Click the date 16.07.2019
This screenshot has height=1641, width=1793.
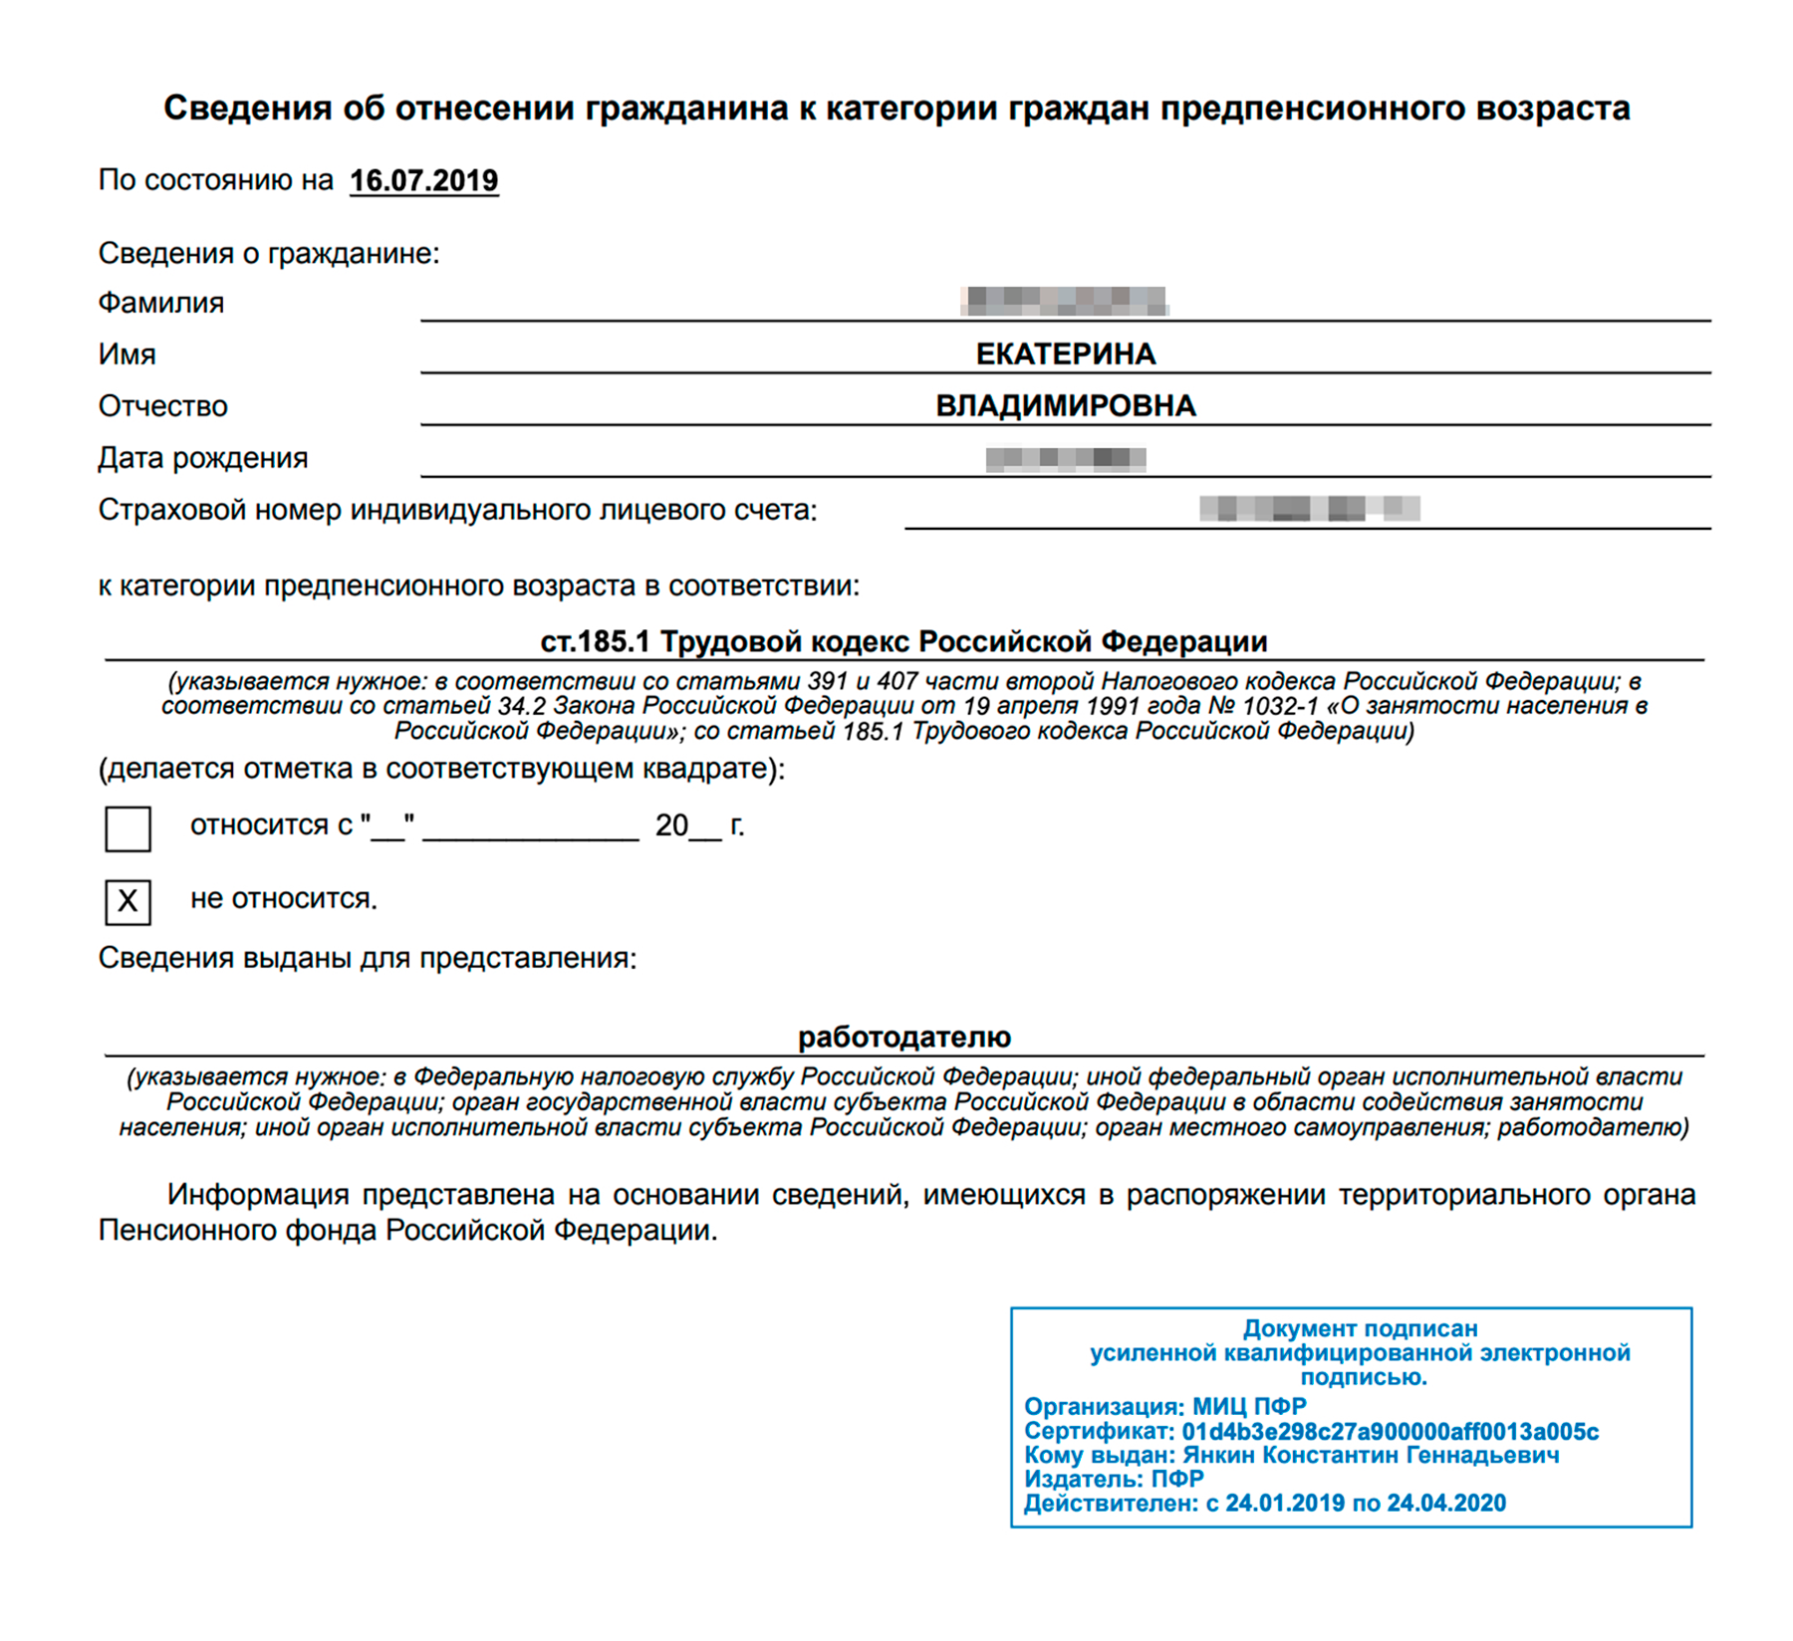pyautogui.click(x=423, y=180)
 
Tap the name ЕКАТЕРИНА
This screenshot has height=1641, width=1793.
pyautogui.click(x=1065, y=353)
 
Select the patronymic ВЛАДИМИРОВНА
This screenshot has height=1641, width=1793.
pyautogui.click(x=1065, y=405)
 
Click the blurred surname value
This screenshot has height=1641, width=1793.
pyautogui.click(x=1065, y=300)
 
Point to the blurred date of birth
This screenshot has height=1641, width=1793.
pyautogui.click(x=1065, y=458)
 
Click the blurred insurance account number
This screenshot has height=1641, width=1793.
pyautogui.click(x=1309, y=509)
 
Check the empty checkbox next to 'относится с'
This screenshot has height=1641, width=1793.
pyautogui.click(x=128, y=828)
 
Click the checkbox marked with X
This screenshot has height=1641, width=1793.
pyautogui.click(x=128, y=901)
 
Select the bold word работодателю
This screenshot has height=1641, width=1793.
pyautogui.click(x=903, y=1037)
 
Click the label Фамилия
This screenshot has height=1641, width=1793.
pyautogui.click(x=160, y=303)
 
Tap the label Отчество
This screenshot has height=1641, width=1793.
pyautogui.click(x=162, y=406)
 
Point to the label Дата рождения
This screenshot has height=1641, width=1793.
pyautogui.click(x=202, y=458)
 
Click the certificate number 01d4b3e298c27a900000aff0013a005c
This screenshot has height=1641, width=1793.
pyautogui.click(x=1390, y=1432)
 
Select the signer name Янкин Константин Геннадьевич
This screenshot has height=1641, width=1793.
pyautogui.click(x=1371, y=1456)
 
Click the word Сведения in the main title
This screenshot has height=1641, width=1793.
pyautogui.click(x=246, y=108)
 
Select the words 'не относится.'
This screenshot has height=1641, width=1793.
pyautogui.click(x=284, y=899)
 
